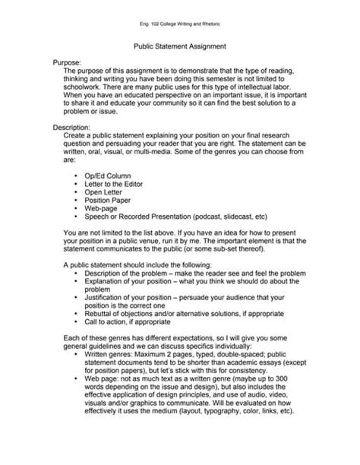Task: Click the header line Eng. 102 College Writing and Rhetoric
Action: [179, 24]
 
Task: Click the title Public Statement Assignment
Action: [179, 46]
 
